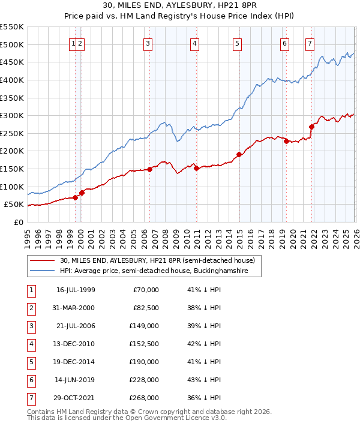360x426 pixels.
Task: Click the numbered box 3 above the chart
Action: tap(148, 43)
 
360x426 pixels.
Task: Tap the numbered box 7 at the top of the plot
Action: tap(310, 43)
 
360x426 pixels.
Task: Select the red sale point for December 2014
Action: tap(239, 155)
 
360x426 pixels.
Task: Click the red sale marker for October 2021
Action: tap(311, 127)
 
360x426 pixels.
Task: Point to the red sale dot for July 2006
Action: tap(149, 169)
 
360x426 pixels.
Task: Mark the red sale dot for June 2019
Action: tap(286, 141)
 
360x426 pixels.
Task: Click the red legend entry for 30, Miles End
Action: tap(158, 260)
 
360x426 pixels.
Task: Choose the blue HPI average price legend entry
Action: tap(161, 271)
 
